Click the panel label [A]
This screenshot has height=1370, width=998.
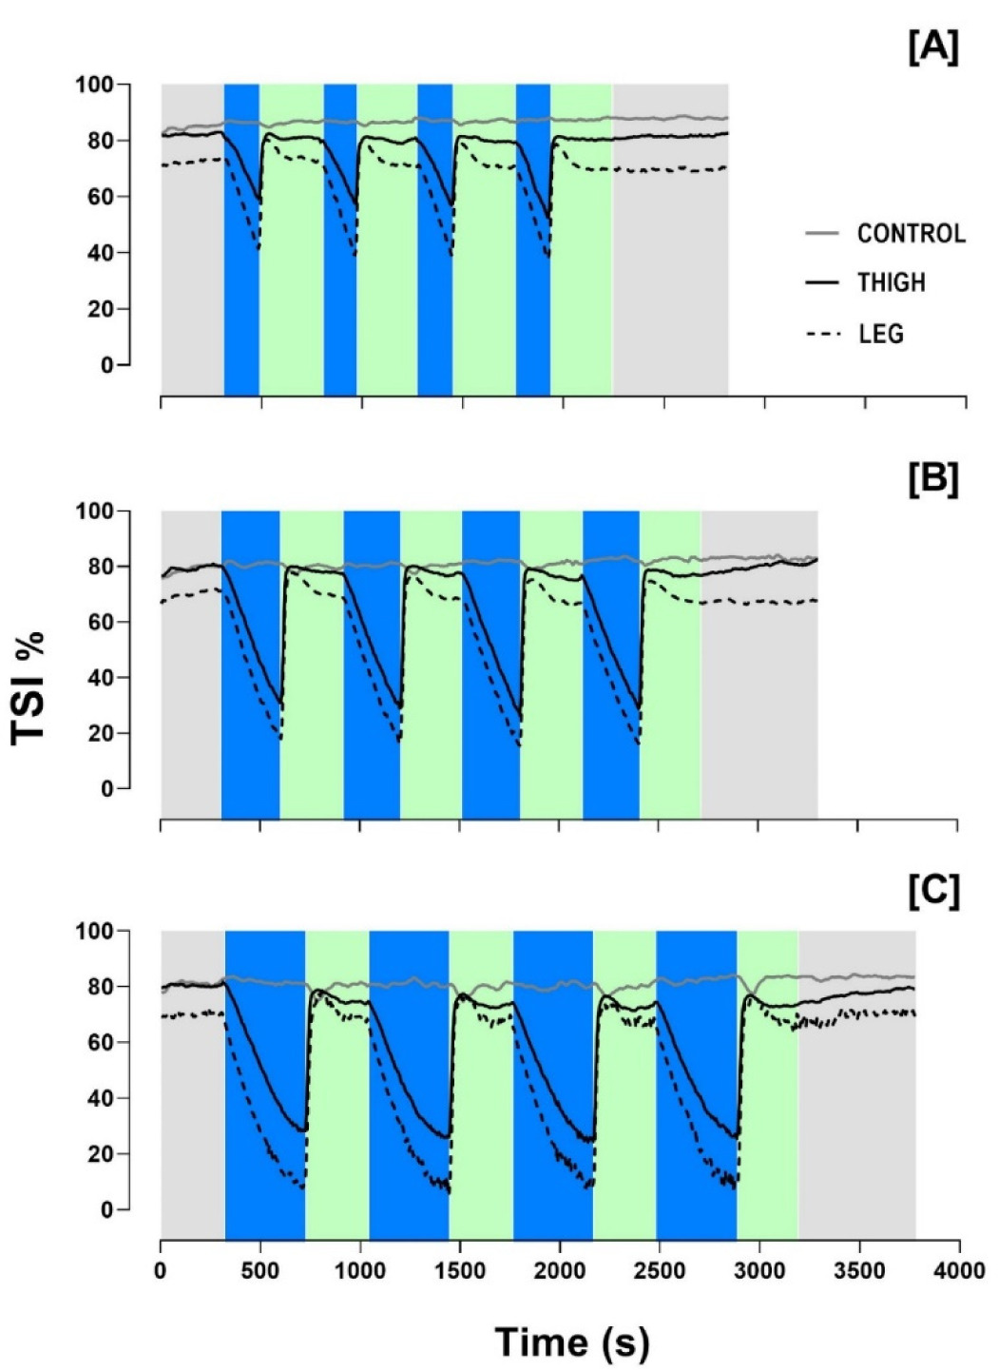(933, 48)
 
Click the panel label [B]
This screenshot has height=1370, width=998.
(933, 478)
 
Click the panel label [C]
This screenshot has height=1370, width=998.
(933, 891)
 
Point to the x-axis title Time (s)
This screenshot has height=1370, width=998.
(572, 1341)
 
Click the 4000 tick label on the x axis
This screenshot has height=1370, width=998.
(959, 1272)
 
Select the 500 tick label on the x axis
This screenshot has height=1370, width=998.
(260, 1272)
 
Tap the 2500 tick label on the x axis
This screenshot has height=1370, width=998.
(660, 1272)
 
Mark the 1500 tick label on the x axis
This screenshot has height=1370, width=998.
(460, 1272)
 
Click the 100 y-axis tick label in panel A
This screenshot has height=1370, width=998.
(94, 85)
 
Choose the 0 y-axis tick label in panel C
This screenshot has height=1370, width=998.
(106, 1210)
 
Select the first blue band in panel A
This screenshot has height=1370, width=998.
(241, 238)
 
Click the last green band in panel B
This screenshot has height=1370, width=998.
(670, 666)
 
